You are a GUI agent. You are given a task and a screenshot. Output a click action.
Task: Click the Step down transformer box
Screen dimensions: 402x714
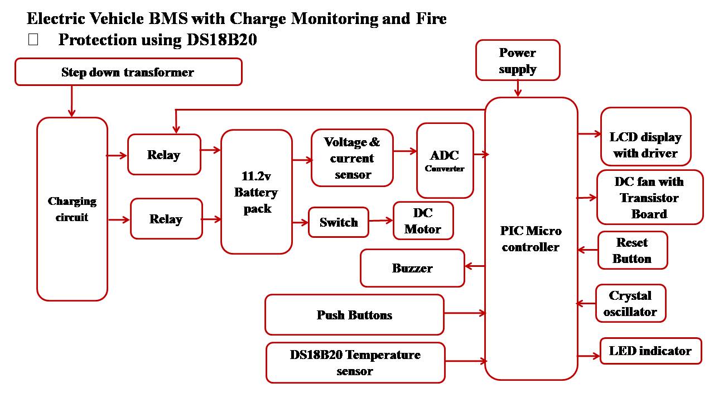pos(128,72)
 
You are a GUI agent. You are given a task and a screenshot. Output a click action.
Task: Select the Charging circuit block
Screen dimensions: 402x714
pos(72,209)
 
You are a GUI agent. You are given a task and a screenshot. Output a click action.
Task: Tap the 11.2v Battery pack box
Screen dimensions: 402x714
pos(257,192)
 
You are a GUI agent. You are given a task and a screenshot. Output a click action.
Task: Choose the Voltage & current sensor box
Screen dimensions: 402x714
pos(352,158)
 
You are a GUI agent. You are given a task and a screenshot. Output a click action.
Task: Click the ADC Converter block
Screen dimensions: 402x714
pos(445,160)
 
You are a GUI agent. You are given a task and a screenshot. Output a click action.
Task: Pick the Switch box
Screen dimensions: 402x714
pos(339,222)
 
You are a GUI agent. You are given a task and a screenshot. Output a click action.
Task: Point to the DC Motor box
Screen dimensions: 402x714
pos(423,221)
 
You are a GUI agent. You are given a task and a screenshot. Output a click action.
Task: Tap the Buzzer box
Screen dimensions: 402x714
pos(412,268)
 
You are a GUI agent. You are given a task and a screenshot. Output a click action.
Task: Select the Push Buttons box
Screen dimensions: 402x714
pos(354,315)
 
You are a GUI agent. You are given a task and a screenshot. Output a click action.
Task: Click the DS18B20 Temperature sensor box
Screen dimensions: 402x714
pos(355,362)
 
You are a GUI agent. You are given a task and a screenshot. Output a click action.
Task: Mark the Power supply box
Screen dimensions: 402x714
pos(518,60)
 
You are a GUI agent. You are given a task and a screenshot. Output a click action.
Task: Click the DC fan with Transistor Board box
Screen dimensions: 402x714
pos(649,198)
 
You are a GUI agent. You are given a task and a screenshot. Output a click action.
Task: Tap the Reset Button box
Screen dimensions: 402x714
pos(632,250)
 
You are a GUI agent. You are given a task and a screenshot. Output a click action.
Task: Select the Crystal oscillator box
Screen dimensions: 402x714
pos(630,303)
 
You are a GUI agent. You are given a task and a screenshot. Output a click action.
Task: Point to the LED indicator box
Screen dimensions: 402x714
pos(650,351)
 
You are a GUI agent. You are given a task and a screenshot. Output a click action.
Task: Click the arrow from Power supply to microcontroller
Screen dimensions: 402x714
pos(518,89)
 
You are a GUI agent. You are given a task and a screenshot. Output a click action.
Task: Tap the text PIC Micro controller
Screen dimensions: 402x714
pos(530,239)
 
